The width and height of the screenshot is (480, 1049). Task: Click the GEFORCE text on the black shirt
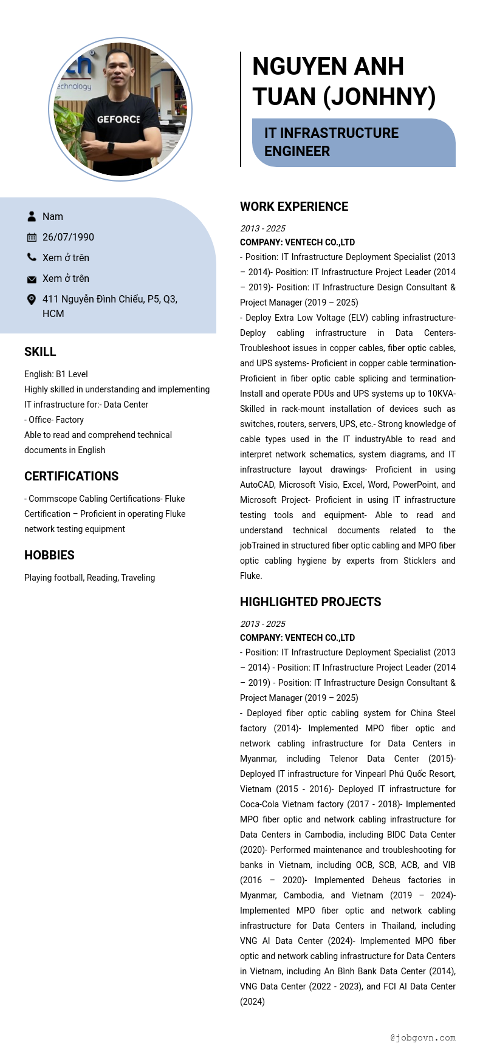pyautogui.click(x=118, y=120)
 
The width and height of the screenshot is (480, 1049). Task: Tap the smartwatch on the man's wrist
pyautogui.click(x=111, y=148)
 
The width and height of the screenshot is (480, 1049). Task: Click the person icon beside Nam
pyautogui.click(x=32, y=216)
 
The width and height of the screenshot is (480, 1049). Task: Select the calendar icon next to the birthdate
pyautogui.click(x=32, y=237)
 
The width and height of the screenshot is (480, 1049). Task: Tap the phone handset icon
pyautogui.click(x=32, y=258)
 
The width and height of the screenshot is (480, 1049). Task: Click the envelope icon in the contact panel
pyautogui.click(x=32, y=279)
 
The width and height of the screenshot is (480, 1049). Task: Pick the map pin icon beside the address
pyautogui.click(x=32, y=299)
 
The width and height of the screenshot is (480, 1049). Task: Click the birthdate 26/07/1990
pyautogui.click(x=68, y=237)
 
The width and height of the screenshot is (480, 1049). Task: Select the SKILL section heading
pyautogui.click(x=40, y=352)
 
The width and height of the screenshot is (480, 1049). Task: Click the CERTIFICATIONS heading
pyautogui.click(x=71, y=476)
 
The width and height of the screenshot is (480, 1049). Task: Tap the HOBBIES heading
pyautogui.click(x=49, y=555)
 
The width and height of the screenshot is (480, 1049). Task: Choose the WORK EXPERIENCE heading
pyautogui.click(x=294, y=207)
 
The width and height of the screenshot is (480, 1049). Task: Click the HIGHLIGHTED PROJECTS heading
pyautogui.click(x=310, y=602)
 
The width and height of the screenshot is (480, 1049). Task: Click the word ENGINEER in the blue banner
pyautogui.click(x=297, y=151)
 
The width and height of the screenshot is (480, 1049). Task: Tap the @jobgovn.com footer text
pyautogui.click(x=423, y=1037)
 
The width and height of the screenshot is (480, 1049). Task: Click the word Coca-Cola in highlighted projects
pyautogui.click(x=261, y=804)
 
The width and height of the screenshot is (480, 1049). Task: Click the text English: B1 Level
pyautogui.click(x=56, y=374)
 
